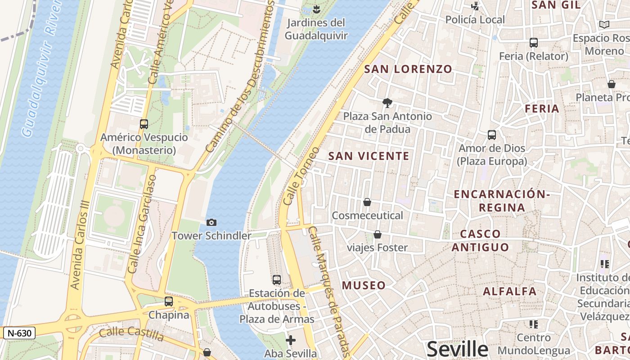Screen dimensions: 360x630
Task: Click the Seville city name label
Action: [457, 349]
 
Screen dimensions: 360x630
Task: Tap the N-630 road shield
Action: [19, 333]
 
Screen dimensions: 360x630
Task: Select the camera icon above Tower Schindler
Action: [211, 222]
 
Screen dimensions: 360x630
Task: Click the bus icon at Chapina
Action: [168, 301]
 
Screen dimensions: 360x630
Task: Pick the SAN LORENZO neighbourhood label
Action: [408, 69]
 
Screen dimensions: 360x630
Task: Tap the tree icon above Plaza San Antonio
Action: [387, 103]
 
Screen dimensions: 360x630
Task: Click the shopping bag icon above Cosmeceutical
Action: [367, 202]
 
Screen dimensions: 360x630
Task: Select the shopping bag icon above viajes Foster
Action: [378, 234]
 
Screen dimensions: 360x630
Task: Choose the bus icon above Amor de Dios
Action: [491, 135]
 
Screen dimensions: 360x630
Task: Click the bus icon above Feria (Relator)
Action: [534, 43]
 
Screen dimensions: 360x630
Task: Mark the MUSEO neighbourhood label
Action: [364, 285]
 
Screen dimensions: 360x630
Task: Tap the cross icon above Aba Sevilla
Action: [291, 340]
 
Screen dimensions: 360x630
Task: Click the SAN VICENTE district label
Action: [369, 156]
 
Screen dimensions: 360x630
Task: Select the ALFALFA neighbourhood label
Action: [509, 291]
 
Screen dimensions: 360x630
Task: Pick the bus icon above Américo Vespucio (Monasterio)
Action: [144, 124]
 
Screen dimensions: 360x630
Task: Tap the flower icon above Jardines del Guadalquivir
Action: [316, 8]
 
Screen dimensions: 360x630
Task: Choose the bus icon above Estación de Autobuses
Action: [277, 279]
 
